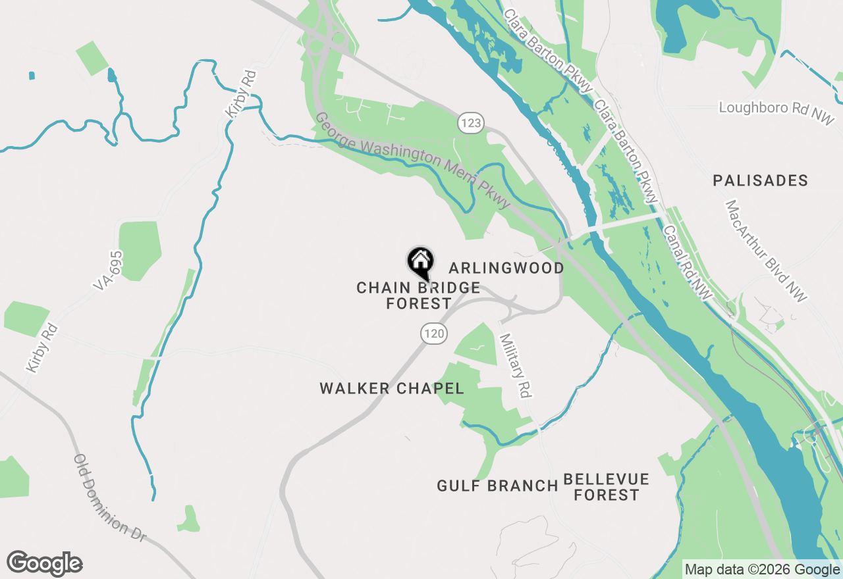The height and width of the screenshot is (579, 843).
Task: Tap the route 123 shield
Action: point(472,122)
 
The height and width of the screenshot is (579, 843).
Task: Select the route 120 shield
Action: point(435,334)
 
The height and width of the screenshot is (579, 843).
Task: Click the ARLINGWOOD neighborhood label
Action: point(506,268)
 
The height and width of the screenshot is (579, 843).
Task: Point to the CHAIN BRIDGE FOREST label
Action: point(418,295)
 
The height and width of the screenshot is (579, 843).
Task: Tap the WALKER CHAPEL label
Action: point(392,388)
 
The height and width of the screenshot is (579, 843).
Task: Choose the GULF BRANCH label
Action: point(497,486)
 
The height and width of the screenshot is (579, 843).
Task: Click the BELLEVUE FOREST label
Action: point(607,487)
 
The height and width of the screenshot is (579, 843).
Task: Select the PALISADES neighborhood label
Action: point(760,181)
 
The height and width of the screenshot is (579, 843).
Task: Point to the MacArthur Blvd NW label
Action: point(766,251)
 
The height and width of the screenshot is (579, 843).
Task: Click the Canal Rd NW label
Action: point(688,264)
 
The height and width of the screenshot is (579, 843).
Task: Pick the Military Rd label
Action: point(515,365)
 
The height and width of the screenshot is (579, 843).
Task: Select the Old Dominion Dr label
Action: point(109,497)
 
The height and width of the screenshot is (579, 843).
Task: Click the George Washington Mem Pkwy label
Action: point(413,161)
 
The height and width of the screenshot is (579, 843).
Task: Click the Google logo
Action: point(45,563)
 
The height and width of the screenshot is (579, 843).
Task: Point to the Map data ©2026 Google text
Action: point(762,570)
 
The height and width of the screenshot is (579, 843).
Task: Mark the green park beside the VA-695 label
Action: point(140,250)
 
